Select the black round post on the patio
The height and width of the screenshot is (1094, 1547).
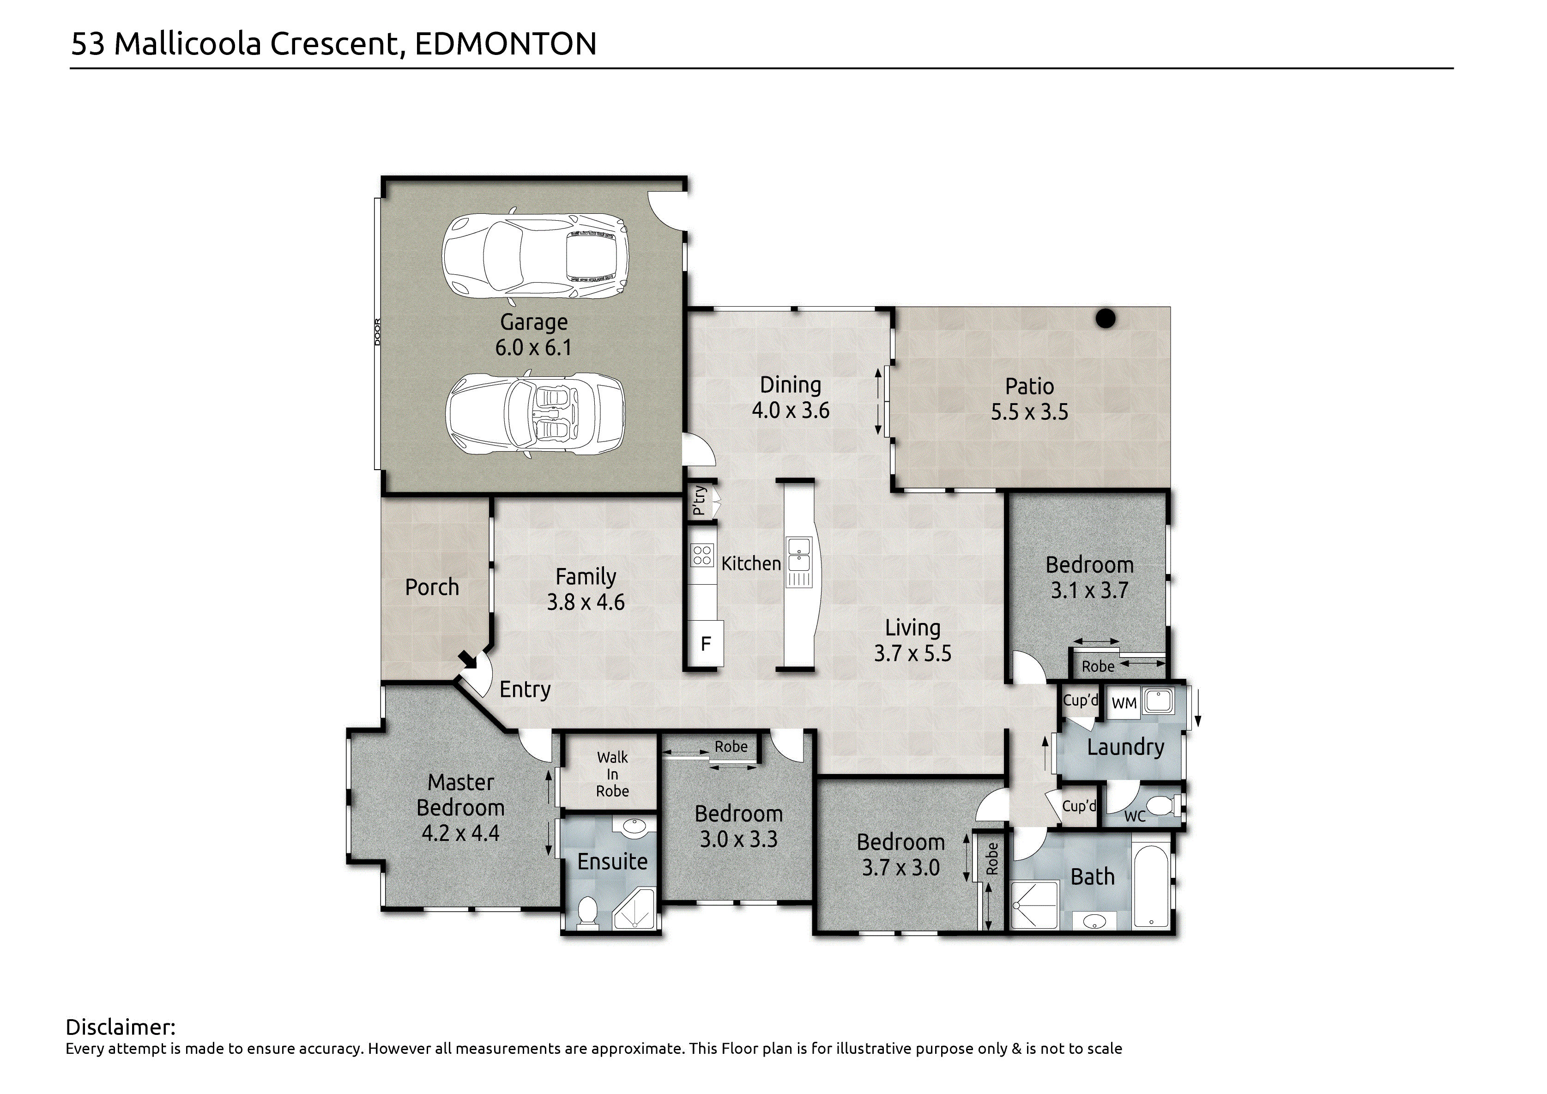click(1106, 318)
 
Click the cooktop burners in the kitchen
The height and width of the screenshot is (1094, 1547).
click(702, 555)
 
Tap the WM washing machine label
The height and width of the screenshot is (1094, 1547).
click(1124, 703)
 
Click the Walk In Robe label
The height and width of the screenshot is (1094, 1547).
click(612, 774)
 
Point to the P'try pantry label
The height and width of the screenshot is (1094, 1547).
click(700, 501)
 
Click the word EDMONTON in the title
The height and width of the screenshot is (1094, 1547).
click(505, 44)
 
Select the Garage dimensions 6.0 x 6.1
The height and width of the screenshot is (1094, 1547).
click(533, 348)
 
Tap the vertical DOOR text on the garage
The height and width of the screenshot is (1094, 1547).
click(377, 332)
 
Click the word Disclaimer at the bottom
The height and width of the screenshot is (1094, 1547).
click(121, 1028)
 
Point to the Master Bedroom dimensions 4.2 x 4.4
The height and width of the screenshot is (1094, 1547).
click(460, 833)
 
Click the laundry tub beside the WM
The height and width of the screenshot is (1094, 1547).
click(1158, 701)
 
